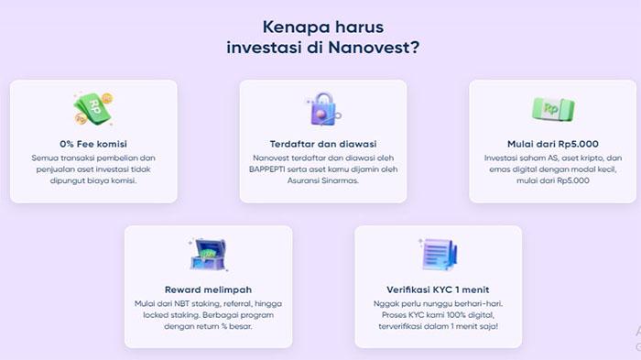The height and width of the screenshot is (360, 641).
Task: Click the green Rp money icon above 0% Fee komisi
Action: coord(92,108)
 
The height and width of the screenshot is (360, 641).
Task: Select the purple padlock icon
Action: coord(321,109)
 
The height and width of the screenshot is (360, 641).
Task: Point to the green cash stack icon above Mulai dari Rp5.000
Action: coord(551,109)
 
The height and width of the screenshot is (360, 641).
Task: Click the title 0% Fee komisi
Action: coord(92,144)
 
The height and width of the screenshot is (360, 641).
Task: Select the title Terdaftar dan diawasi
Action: coord(322,144)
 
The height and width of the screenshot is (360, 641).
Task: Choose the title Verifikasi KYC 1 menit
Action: coord(438,289)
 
